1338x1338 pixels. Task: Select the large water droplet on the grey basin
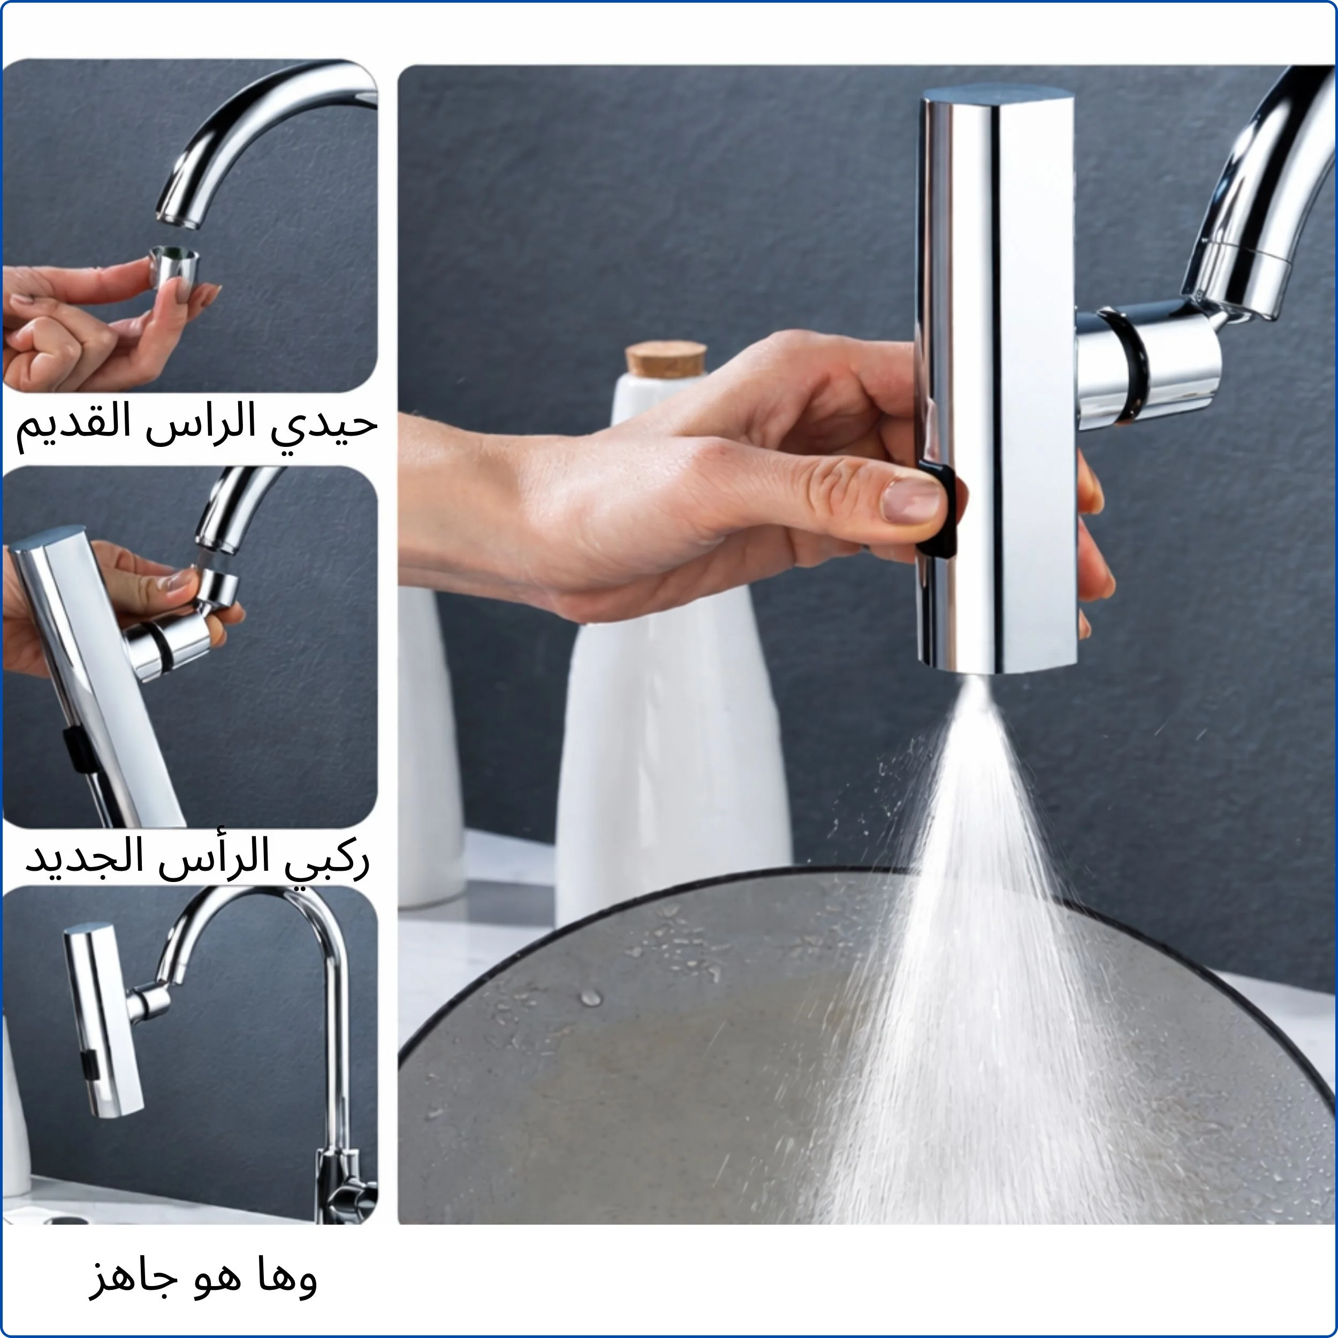[x=590, y=998]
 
